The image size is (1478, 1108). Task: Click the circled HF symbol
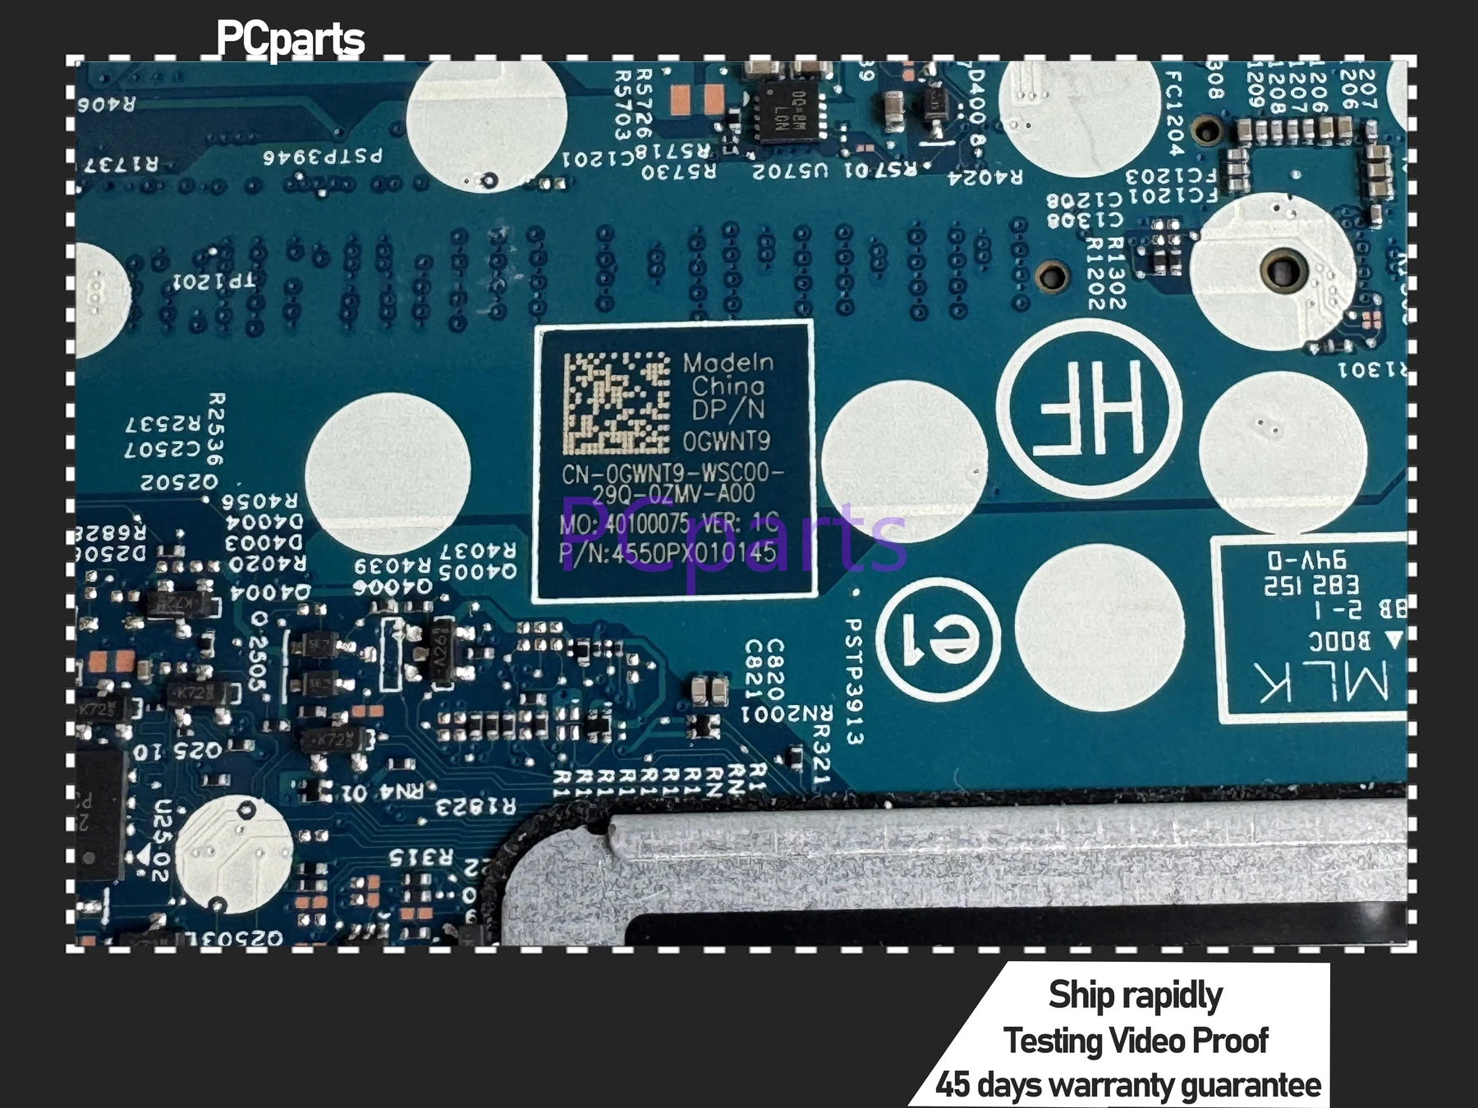point(1089,408)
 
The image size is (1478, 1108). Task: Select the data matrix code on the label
point(616,403)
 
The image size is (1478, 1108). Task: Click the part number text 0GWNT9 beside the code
point(727,442)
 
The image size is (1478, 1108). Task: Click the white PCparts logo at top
point(290,39)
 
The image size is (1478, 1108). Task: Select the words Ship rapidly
point(1136,995)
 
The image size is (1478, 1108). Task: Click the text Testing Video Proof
point(1136,1041)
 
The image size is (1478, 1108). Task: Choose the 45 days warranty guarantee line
point(1128,1085)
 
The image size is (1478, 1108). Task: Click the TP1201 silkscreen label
point(214,282)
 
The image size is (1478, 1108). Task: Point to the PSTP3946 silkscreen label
point(323,155)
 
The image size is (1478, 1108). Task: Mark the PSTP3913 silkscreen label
point(853,681)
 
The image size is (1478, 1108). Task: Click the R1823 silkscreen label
point(475,807)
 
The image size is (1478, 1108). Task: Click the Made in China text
point(728,373)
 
